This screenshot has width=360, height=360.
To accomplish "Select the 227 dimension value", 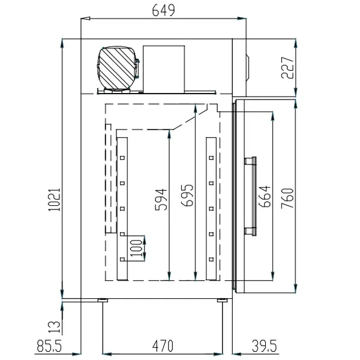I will [x=287, y=68].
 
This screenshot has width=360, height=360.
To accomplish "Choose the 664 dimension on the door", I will [x=264, y=196].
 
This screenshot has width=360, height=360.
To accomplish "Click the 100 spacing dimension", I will [x=137, y=247].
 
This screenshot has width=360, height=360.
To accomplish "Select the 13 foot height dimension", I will [x=53, y=327].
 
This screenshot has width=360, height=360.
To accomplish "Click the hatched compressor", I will [x=117, y=67].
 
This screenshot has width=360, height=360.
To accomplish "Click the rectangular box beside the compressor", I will [x=164, y=68].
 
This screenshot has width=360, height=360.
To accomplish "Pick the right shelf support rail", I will [x=211, y=209].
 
